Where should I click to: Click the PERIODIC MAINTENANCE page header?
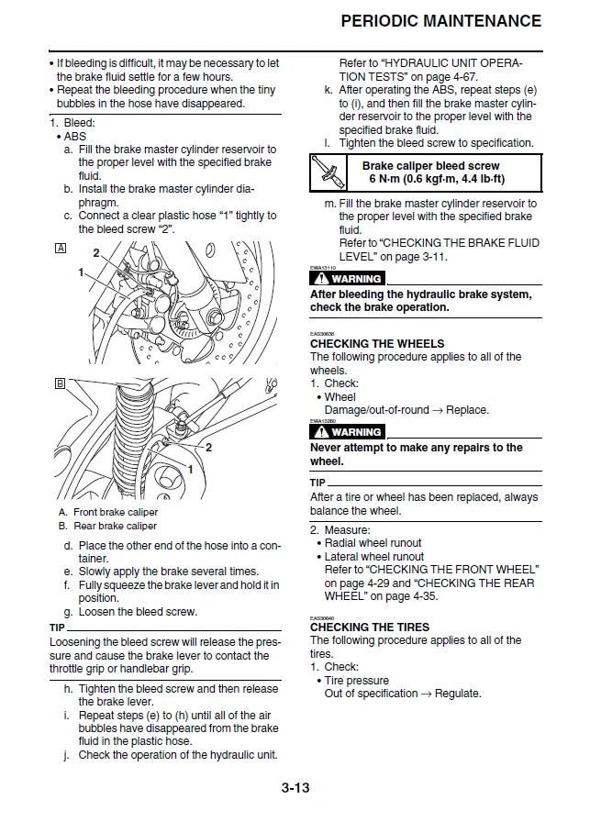(440, 20)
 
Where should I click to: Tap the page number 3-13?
(295, 787)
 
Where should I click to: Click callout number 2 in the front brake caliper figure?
(96, 252)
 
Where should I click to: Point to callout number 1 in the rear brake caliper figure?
(190, 469)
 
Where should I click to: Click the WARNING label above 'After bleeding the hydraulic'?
(347, 278)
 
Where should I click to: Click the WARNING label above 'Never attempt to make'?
(347, 431)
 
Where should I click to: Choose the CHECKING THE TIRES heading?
(370, 628)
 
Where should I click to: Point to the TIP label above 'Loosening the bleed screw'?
(58, 628)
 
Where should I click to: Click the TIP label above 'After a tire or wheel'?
(317, 483)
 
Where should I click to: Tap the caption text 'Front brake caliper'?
(115, 512)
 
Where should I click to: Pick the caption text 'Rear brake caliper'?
(115, 526)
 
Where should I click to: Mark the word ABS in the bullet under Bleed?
(75, 136)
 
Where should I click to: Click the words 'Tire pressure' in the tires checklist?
(357, 681)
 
